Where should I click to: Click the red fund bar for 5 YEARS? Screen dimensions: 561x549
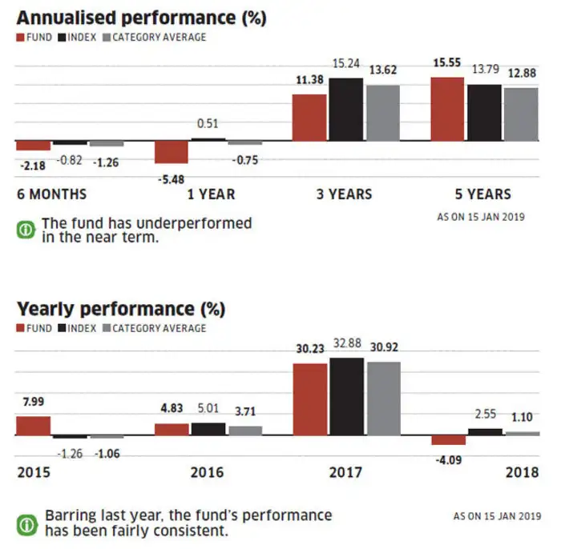click(447, 109)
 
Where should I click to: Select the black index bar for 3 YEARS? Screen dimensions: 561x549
click(346, 110)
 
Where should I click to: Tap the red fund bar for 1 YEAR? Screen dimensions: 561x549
click(171, 152)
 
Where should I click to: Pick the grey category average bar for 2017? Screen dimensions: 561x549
click(384, 399)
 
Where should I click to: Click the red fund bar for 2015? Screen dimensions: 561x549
click(34, 426)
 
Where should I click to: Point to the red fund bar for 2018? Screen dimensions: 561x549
click(449, 439)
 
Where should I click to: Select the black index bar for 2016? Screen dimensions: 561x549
click(208, 429)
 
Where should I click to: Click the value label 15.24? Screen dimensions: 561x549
click(346, 63)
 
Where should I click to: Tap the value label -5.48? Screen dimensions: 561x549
click(171, 179)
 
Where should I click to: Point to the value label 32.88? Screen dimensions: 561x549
click(347, 343)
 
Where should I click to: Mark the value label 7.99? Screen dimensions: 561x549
click(34, 402)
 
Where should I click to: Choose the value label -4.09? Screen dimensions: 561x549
click(449, 460)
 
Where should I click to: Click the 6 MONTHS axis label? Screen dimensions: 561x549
click(52, 194)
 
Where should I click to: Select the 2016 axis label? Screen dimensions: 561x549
click(207, 472)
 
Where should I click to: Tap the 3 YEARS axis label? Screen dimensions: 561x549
click(344, 194)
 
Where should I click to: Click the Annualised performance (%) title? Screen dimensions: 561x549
click(142, 18)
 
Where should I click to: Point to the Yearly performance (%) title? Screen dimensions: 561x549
click(121, 309)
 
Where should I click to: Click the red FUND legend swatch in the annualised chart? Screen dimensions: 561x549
click(20, 38)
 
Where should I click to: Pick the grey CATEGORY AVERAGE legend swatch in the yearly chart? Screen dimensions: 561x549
click(107, 328)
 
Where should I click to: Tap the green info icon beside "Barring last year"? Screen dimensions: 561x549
click(26, 525)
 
